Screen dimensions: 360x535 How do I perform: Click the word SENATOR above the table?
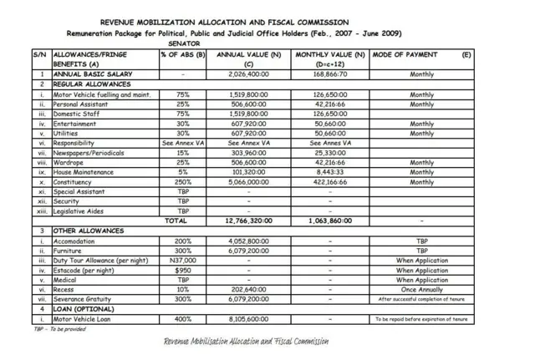(184, 43)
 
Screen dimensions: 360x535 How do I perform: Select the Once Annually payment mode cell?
(421, 290)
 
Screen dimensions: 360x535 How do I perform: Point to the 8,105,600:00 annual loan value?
(247, 319)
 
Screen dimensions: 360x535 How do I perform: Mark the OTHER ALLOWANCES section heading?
(89, 231)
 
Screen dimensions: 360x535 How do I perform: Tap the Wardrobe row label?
(72, 162)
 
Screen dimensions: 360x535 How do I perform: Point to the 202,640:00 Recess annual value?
(247, 290)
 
